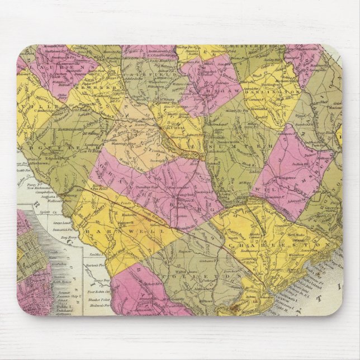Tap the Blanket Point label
(97, 299)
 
